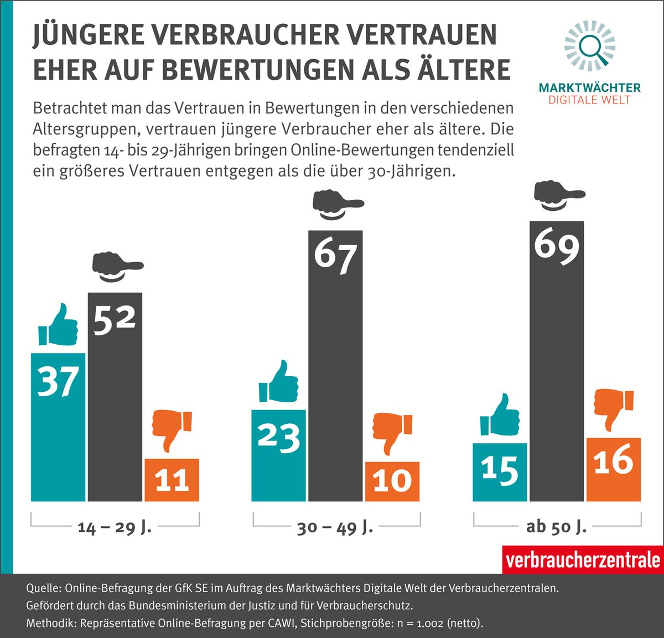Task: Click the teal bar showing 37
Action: [x=58, y=427]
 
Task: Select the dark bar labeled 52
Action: [x=115, y=397]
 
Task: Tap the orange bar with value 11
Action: [x=172, y=480]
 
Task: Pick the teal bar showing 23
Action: [x=278, y=455]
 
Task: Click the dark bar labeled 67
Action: [x=335, y=366]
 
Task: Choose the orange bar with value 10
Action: [x=392, y=481]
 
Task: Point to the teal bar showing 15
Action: [x=500, y=472]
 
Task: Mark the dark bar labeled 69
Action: [x=557, y=361]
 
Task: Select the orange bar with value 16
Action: [x=614, y=469]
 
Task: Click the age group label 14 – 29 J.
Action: [x=115, y=527]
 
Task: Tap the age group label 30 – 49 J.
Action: [x=335, y=527]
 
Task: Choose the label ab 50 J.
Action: [x=556, y=526]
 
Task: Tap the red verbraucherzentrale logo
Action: [x=583, y=560]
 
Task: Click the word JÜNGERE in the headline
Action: [x=89, y=35]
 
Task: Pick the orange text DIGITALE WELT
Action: [x=589, y=100]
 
